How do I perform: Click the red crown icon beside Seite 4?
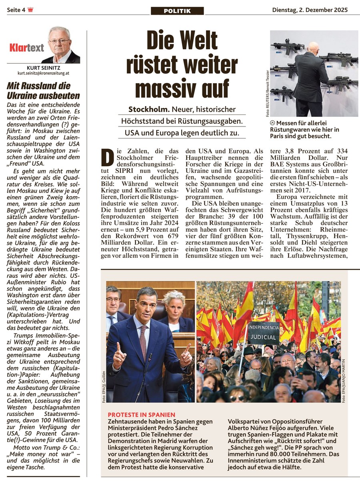[30, 10]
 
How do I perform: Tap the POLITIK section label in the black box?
[177, 11]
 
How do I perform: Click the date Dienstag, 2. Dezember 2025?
[310, 10]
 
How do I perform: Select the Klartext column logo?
[27, 48]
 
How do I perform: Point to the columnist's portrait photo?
[60, 44]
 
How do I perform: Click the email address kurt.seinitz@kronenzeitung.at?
[44, 73]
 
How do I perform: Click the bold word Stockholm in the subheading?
[149, 109]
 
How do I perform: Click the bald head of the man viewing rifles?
[314, 47]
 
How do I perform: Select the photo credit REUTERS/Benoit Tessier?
[268, 93]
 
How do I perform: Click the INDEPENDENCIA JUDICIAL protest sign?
[263, 331]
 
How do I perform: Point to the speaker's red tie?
[143, 341]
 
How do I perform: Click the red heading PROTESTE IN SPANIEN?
[142, 415]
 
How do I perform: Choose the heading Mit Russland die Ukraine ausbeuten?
[43, 90]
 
